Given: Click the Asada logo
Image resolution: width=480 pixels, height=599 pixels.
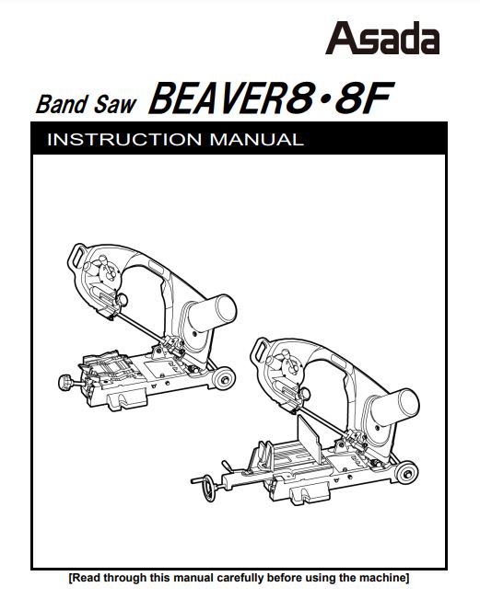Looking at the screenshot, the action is (x=382, y=38).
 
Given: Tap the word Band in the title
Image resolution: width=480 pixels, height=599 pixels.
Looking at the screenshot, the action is (x=62, y=104).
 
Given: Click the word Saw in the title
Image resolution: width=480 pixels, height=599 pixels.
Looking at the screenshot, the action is (x=115, y=104).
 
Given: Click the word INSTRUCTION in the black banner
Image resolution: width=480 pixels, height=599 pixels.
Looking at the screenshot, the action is (x=124, y=140).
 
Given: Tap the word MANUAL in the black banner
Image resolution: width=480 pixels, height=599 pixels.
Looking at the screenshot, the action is (x=257, y=140).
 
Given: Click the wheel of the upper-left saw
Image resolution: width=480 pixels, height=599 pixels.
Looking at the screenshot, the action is (x=224, y=378).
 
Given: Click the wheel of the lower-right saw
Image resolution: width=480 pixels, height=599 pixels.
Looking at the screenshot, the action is (x=406, y=473).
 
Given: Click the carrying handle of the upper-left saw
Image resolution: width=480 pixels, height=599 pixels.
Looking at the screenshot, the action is (x=76, y=256).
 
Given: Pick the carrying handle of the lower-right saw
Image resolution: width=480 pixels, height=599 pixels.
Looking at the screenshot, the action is (x=260, y=350).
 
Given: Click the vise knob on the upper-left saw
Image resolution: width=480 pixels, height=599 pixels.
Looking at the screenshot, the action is (x=66, y=382).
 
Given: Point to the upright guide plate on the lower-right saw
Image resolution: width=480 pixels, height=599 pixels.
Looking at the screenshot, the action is (x=309, y=439).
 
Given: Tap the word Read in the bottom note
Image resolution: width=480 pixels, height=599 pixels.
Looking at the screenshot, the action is (x=87, y=577).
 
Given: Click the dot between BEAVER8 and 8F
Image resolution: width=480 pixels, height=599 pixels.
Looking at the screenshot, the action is (x=324, y=101).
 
